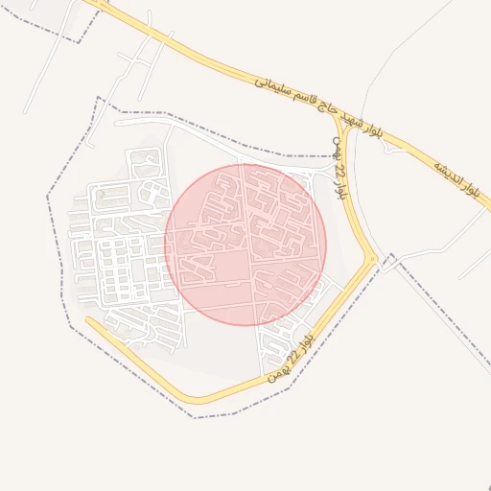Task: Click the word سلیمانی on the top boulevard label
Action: (x=271, y=87)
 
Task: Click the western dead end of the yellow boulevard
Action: (x=88, y=320)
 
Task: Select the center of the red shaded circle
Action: (x=245, y=245)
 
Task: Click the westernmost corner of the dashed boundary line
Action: (x=47, y=197)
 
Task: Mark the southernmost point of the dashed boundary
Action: (x=195, y=417)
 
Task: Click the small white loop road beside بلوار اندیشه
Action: (x=392, y=257)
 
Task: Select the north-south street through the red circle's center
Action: (x=251, y=245)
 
